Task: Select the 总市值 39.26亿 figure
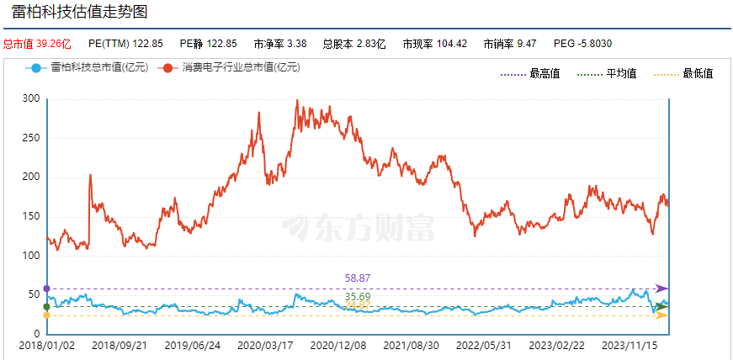click(x=37, y=43)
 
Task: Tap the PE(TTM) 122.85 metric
click(x=125, y=43)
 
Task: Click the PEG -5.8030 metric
click(x=582, y=43)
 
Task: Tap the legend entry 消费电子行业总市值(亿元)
click(x=231, y=67)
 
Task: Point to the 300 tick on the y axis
click(x=31, y=98)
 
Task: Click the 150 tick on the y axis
click(x=31, y=216)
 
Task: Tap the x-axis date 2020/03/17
click(x=265, y=345)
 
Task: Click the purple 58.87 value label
click(x=358, y=278)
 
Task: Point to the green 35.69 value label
click(x=358, y=297)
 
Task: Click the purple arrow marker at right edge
click(x=661, y=289)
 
